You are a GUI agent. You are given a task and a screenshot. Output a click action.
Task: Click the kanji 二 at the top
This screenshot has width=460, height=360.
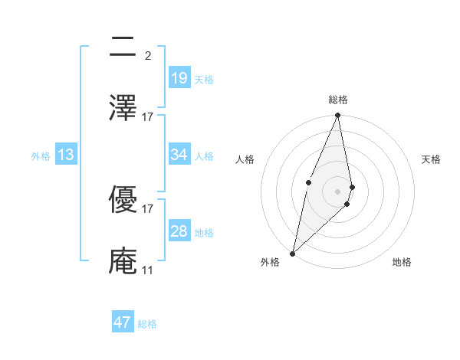(x=123, y=48)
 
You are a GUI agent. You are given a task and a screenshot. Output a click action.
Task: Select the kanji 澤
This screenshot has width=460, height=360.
(x=123, y=106)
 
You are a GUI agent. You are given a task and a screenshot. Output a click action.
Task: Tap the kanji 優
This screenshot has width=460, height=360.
(x=123, y=201)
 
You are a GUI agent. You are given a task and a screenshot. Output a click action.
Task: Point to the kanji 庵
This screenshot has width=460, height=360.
(x=123, y=260)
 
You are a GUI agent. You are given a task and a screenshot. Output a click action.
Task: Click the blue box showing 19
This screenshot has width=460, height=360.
(x=179, y=78)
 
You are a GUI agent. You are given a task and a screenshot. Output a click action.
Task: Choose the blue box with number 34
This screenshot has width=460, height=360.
(x=179, y=155)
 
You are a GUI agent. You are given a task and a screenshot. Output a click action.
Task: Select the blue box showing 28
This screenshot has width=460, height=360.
(x=179, y=231)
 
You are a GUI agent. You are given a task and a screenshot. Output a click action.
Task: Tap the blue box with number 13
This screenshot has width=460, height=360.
(x=66, y=155)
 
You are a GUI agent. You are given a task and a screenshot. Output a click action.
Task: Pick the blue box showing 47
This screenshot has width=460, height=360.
(x=123, y=322)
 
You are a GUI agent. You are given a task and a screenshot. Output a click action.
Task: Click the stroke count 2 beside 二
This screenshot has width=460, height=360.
(x=148, y=56)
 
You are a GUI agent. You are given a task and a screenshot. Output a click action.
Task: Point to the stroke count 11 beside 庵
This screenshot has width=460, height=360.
(x=148, y=270)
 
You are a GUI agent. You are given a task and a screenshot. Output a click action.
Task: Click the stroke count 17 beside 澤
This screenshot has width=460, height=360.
(x=148, y=116)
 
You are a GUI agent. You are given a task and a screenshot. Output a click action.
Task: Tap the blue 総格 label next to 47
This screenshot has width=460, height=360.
(x=147, y=324)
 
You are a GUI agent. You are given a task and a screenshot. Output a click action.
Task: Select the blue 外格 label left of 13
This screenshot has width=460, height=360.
(x=41, y=155)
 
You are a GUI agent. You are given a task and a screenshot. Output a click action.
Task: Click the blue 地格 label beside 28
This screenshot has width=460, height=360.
(x=204, y=233)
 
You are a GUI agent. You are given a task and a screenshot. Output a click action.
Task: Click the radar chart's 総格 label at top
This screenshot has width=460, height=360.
(x=338, y=100)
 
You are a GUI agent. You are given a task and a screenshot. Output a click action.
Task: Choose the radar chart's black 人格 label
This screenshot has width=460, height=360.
(x=245, y=159)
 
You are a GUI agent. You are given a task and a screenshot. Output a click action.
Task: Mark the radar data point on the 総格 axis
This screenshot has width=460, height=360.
(x=338, y=116)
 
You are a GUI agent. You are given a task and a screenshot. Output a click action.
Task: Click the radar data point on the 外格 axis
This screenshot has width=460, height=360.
(x=292, y=254)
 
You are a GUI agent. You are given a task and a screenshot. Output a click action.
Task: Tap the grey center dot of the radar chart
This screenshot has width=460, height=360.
(x=338, y=191)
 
